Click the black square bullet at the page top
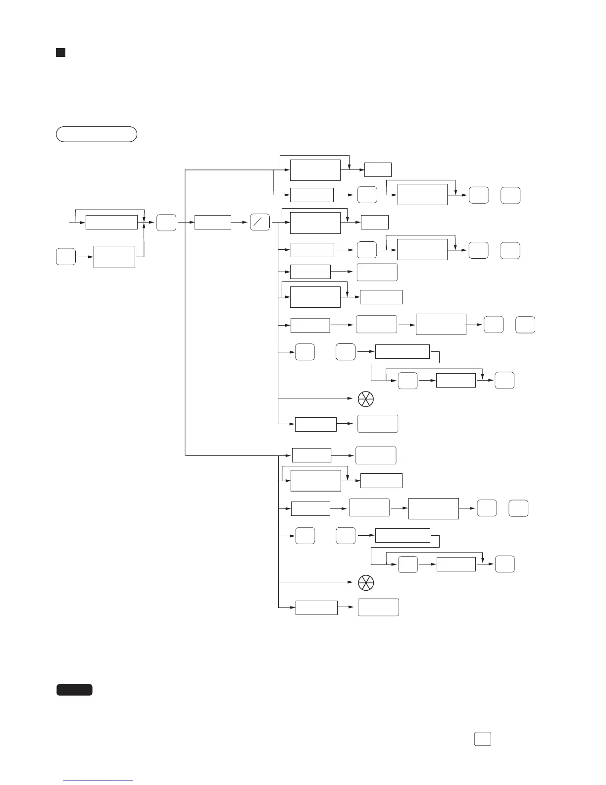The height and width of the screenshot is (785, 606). click(60, 53)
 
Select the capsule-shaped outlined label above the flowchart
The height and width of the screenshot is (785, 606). click(97, 134)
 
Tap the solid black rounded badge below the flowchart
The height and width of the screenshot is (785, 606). click(74, 689)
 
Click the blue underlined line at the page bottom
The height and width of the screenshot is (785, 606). click(99, 782)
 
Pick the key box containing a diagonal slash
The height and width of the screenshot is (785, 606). click(260, 223)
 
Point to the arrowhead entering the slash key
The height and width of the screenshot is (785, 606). click(247, 223)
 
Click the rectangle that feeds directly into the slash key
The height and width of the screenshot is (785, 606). click(213, 223)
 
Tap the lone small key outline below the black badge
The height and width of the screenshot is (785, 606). click(483, 739)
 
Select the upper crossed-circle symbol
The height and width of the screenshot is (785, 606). click(365, 398)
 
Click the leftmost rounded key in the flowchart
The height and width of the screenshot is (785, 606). click(66, 257)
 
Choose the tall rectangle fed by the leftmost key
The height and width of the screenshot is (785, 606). click(114, 257)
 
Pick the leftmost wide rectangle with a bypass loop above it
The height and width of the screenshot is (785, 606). click(111, 223)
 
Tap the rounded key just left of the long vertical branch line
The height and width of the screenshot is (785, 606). click(166, 223)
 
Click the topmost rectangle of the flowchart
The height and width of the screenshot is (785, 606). click(315, 170)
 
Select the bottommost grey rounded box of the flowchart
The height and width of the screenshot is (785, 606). click(378, 607)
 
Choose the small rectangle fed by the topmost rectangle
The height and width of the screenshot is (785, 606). click(378, 170)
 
